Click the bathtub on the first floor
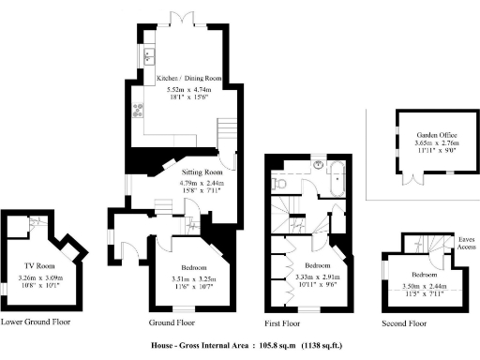pos(335,175)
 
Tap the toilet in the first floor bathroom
pos(279,185)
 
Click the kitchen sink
pos(148,56)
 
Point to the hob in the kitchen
pos(139,112)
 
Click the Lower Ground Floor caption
pos(37,322)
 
